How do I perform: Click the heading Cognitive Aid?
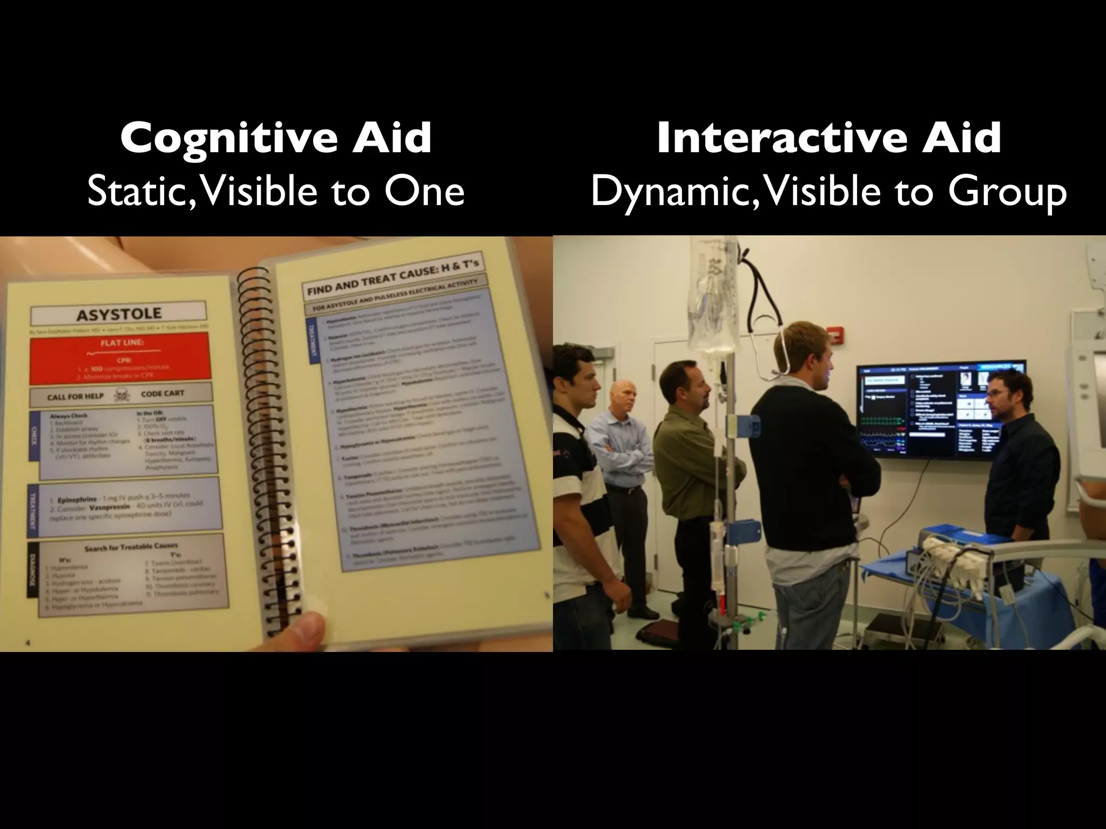click(276, 138)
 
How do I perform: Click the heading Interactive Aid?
click(829, 138)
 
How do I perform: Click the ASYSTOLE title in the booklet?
click(119, 314)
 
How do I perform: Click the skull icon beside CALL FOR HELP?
click(121, 396)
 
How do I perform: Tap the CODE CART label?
click(162, 393)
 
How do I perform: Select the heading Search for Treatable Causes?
click(131, 547)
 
